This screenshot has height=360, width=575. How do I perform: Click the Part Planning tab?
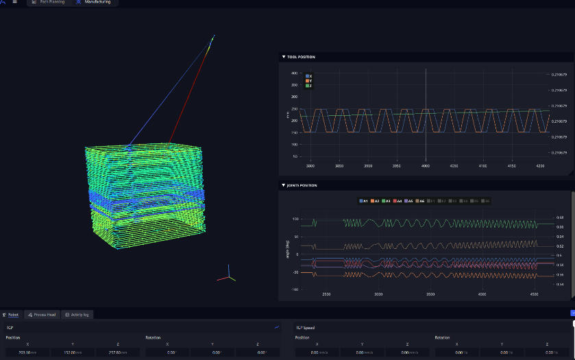tap(49, 2)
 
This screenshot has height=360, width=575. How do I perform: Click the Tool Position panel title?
tap(301, 57)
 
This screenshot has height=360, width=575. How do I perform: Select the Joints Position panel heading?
tap(302, 185)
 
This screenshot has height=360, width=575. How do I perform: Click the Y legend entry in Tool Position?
tap(308, 81)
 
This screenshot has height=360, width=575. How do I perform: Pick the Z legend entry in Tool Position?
tap(308, 86)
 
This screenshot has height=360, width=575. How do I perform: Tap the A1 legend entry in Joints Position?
tap(363, 201)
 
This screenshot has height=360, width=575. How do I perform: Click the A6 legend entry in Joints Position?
tap(420, 201)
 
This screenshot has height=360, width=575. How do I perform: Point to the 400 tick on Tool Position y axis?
tap(294, 73)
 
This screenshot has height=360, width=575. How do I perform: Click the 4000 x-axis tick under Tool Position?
tap(425, 166)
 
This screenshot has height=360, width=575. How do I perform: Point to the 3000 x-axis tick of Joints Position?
tap(378, 294)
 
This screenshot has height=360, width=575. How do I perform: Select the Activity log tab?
tap(77, 314)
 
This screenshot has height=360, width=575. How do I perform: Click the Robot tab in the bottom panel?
tap(11, 314)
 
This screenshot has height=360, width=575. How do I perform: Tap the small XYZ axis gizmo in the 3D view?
tap(227, 275)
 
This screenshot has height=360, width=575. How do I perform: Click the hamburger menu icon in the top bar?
tap(14, 2)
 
